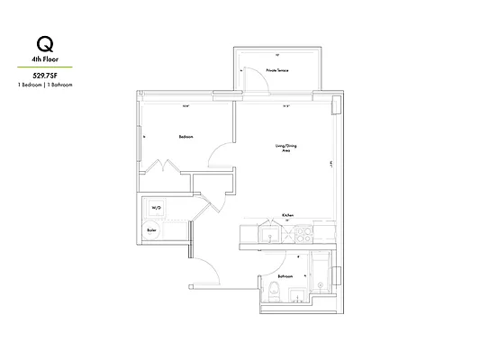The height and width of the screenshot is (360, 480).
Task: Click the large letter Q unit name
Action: pos(43,44)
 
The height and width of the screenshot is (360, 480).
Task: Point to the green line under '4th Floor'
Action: pos(45,67)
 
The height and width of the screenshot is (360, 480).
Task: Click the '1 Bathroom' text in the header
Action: pos(60,84)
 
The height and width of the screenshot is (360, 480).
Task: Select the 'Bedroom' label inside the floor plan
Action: pos(186,136)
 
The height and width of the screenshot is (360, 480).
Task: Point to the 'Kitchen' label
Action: pos(287,216)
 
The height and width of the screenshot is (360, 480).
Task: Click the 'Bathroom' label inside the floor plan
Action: pos(285,276)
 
